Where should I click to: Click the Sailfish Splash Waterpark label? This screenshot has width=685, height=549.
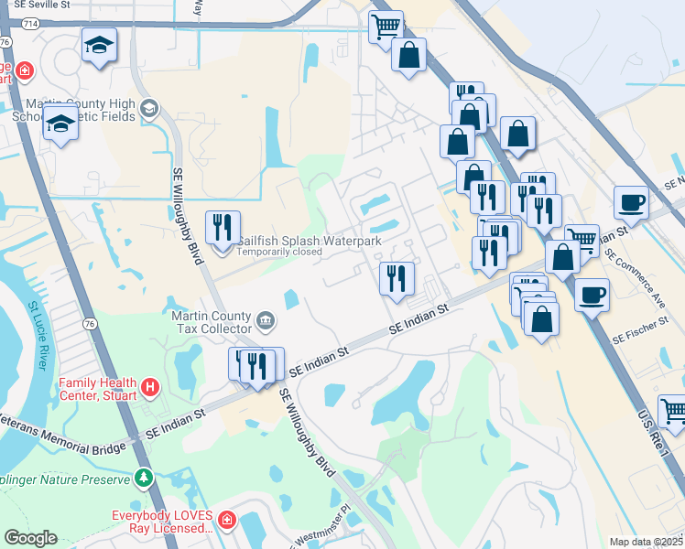[309, 241]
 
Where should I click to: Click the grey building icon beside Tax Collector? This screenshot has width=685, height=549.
[265, 320]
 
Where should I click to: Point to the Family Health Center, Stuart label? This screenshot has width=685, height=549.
[97, 389]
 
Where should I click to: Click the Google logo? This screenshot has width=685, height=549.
[31, 538]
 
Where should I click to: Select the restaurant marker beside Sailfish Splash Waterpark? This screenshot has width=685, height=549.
[223, 227]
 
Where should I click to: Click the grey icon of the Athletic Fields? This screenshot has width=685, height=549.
[147, 111]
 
